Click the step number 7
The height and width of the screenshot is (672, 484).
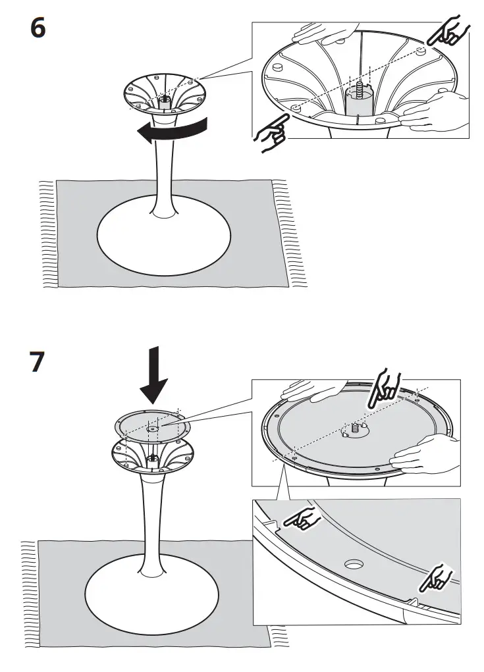[38, 363]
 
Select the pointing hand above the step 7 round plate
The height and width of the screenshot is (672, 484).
[383, 389]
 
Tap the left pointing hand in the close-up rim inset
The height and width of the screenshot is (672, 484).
[301, 521]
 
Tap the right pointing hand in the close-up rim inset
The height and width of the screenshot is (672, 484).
[435, 577]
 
